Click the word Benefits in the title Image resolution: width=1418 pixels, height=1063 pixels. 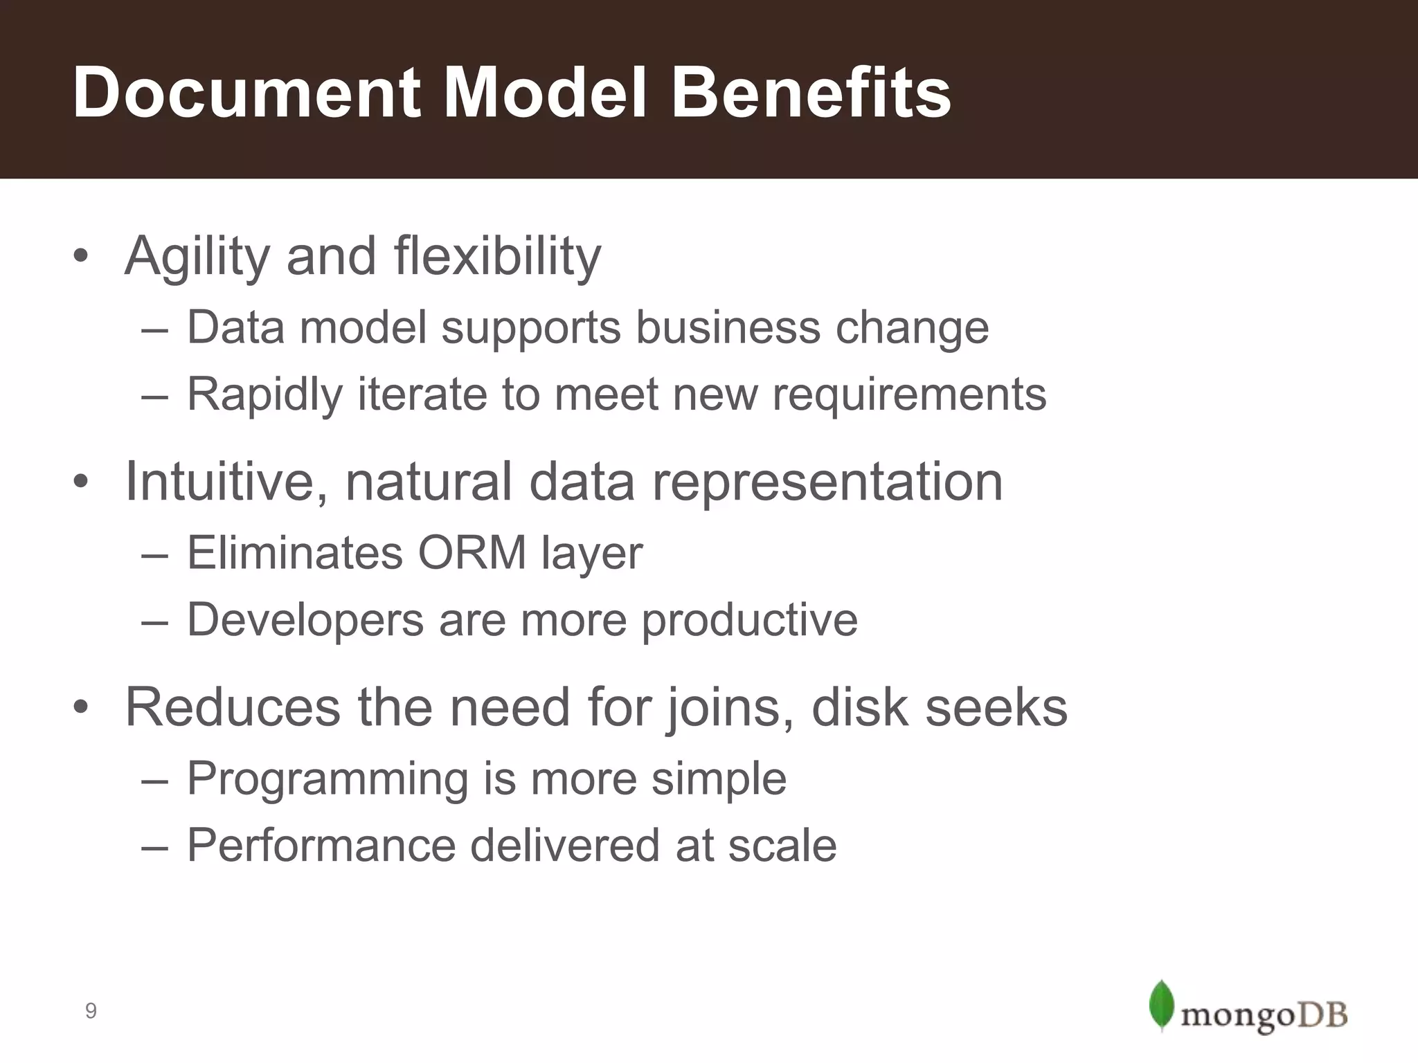click(x=811, y=93)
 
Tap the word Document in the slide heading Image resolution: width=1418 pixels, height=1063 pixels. click(x=247, y=93)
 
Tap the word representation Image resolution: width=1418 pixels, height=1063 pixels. click(x=827, y=482)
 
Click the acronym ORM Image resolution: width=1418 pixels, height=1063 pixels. click(x=472, y=553)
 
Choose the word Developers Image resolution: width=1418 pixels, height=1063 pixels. click(x=305, y=620)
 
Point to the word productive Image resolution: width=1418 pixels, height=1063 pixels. click(x=749, y=620)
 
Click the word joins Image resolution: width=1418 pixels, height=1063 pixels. click(x=729, y=708)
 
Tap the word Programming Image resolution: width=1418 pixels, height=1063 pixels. click(x=327, y=779)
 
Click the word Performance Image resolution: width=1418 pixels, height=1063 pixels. click(x=321, y=846)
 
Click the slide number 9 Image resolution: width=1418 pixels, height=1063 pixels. click(x=91, y=1012)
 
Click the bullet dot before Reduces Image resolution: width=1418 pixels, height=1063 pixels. click(x=81, y=708)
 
